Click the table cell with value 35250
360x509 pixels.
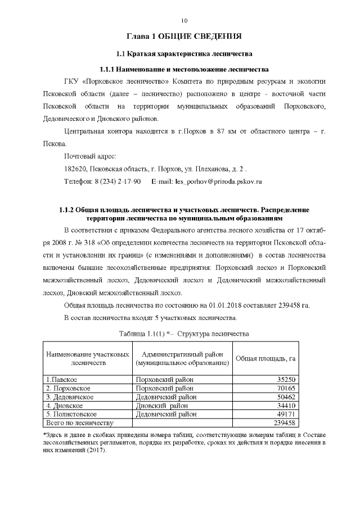[284, 380]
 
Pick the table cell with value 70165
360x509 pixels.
[284, 389]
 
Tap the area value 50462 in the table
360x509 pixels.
[284, 397]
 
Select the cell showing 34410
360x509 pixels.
[284, 406]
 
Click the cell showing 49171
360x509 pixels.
[284, 414]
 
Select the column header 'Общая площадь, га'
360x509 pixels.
[265, 358]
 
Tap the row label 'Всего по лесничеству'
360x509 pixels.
[79, 422]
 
